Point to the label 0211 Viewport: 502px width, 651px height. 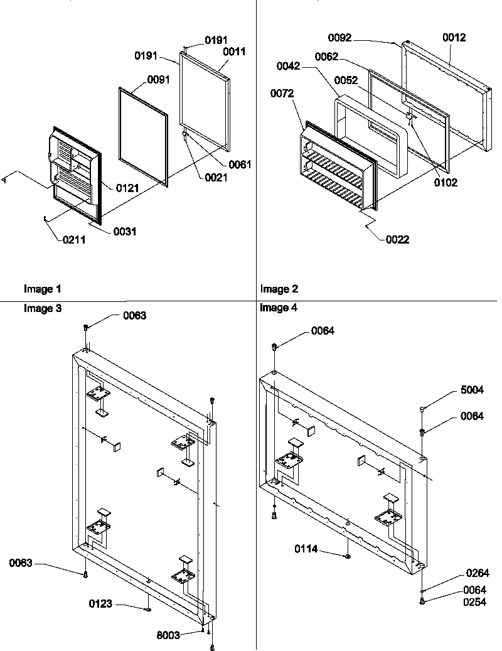tap(73, 239)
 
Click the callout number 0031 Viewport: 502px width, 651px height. tap(125, 232)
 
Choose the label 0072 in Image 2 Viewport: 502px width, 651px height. tap(282, 94)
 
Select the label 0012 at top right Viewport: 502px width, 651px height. tap(454, 38)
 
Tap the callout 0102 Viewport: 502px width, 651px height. tap(446, 183)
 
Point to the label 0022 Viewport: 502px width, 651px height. tap(397, 239)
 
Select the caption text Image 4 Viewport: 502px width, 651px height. tap(279, 308)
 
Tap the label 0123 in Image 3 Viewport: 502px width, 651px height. tap(101, 604)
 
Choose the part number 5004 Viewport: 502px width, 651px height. tap(471, 390)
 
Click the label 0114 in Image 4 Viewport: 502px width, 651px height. tap(306, 549)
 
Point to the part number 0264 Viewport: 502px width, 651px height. tap(478, 573)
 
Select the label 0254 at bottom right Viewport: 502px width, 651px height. tap(475, 601)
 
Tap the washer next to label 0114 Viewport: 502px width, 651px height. tap(346, 556)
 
